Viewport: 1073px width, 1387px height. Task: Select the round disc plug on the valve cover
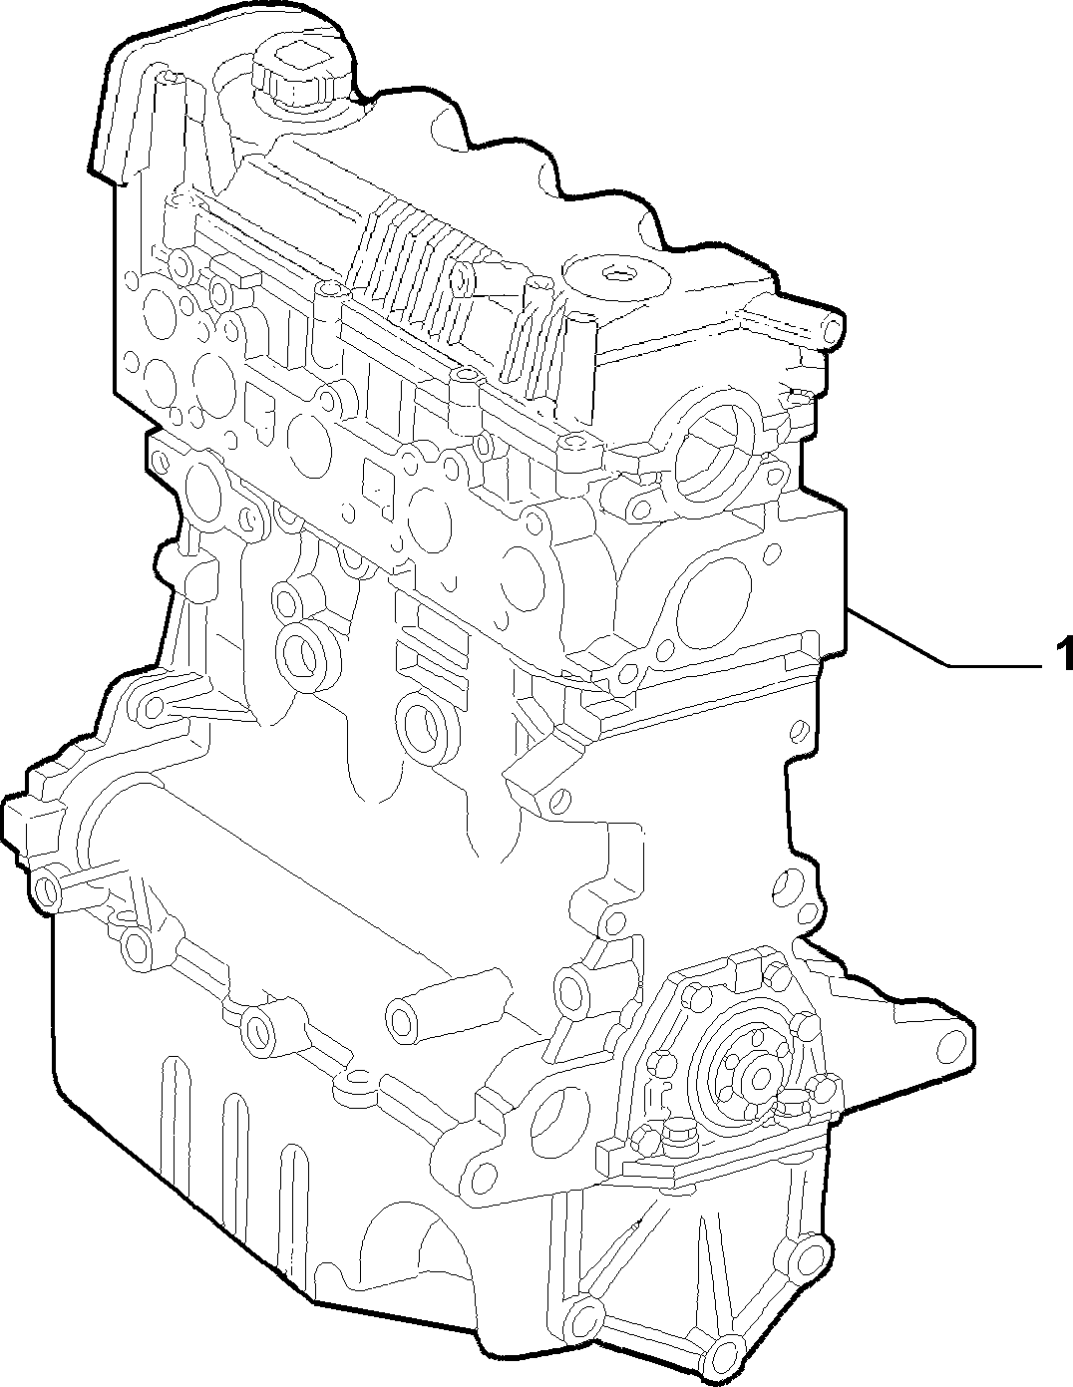(x=616, y=276)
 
